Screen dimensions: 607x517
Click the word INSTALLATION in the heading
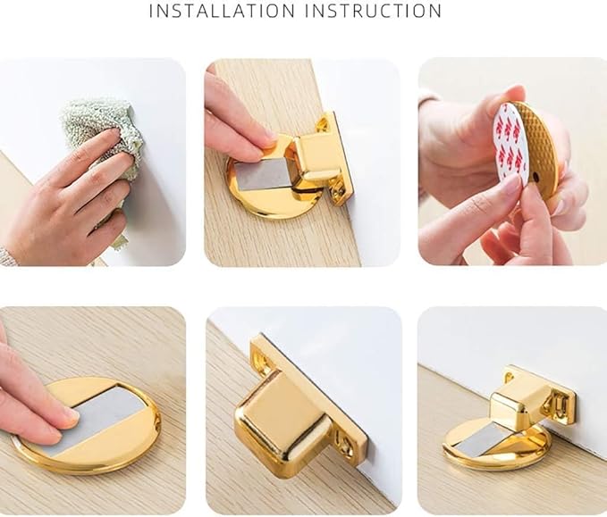pyautogui.click(x=222, y=11)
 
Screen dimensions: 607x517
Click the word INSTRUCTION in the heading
pyautogui.click(x=373, y=11)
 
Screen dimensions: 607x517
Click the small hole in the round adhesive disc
pyautogui.click(x=535, y=177)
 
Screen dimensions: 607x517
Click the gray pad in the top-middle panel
pyautogui.click(x=262, y=175)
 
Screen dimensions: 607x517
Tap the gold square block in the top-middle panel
pyautogui.click(x=317, y=159)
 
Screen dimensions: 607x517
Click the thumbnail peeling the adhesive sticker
pyautogui.click(x=513, y=185)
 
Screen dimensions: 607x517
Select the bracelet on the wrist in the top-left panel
pyautogui.click(x=9, y=256)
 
